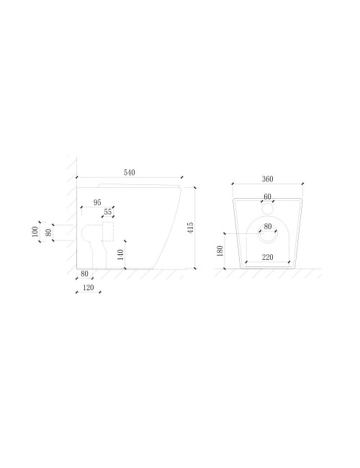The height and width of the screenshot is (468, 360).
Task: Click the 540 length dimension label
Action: (129, 172)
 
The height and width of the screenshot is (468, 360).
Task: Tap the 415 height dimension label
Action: (191, 228)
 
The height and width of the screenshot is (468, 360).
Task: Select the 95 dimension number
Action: (97, 202)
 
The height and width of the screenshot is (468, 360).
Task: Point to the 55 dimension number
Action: (108, 212)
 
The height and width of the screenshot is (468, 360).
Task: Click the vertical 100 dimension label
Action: (35, 232)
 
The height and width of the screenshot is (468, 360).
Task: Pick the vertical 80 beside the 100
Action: (48, 233)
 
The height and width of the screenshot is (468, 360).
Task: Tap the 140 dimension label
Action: (120, 255)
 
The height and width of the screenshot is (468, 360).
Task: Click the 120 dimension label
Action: (89, 287)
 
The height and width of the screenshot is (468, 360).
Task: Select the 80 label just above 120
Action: (84, 274)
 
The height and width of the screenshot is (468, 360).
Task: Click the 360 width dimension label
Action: (267, 179)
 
